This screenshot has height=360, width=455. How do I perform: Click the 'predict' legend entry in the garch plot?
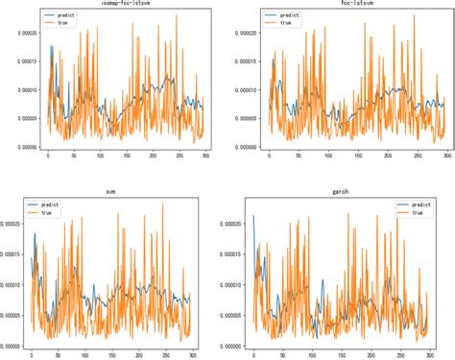(419, 204)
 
